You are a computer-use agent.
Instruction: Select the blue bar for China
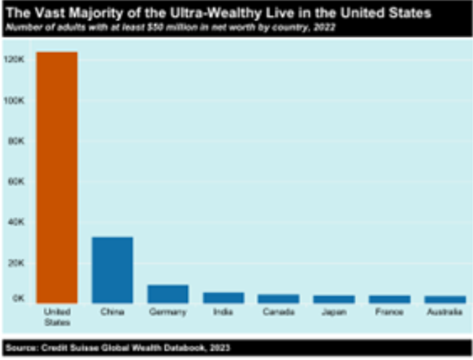(x=112, y=269)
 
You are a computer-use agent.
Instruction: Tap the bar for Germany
(x=167, y=293)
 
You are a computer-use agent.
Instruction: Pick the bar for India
(x=223, y=297)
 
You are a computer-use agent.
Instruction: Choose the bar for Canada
(x=278, y=298)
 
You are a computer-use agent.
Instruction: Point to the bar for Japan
(x=333, y=299)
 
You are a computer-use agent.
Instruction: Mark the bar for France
(x=389, y=299)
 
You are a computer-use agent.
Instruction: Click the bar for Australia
(x=444, y=299)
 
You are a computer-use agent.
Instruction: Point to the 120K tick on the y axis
(x=16, y=60)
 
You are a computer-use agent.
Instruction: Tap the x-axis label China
(x=112, y=312)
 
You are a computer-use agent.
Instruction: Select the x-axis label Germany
(x=167, y=312)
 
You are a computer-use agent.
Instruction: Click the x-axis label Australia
(x=444, y=312)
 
